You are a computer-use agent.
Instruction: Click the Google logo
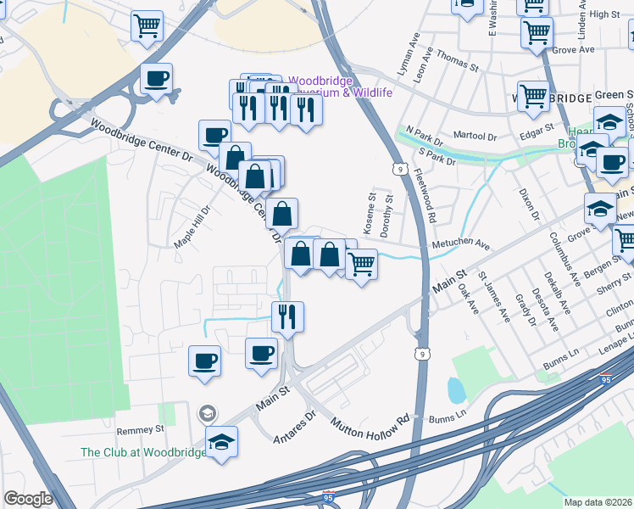28,499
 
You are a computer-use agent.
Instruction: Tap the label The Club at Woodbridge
143,452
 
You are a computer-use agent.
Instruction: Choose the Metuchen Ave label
460,244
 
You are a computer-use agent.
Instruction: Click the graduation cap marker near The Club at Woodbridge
222,442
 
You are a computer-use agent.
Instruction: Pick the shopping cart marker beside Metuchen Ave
361,266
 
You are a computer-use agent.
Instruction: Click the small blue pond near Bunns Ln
456,389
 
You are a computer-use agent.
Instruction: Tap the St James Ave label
494,296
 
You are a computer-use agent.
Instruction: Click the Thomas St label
459,64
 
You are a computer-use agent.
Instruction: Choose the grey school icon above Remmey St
206,414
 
